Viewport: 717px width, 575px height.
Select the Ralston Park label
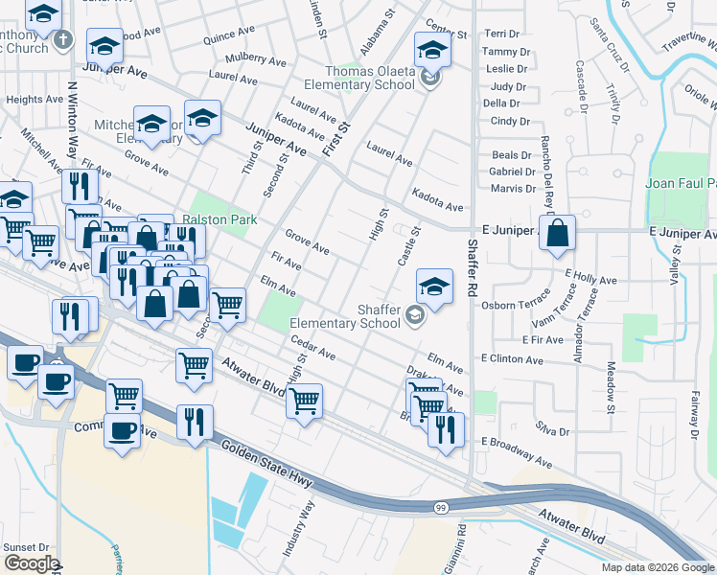pos(220,219)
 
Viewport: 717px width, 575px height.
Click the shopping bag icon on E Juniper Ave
pos(557,233)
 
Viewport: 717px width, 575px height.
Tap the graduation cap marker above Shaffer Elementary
pos(434,287)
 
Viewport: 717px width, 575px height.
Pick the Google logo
pos(32,563)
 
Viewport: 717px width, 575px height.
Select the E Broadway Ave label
pos(517,449)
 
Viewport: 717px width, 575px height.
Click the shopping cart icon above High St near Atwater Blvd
pos(304,401)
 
